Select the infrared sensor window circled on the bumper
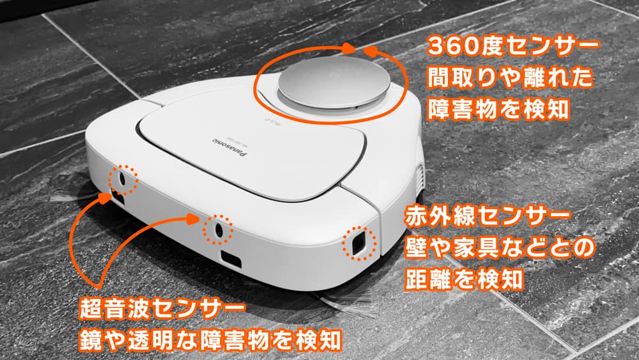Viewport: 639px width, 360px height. (x=356, y=243)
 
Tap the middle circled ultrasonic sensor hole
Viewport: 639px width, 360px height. (x=216, y=230)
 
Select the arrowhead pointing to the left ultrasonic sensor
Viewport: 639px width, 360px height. (x=102, y=198)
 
